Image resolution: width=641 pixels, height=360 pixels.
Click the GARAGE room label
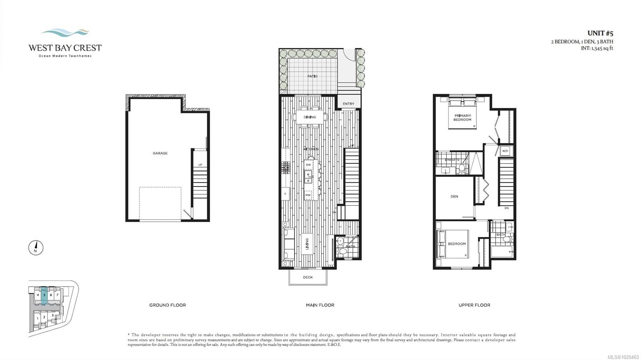(x=160, y=153)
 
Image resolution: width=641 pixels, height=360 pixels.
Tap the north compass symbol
(x=36, y=248)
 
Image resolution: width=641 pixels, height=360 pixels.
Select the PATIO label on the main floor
(x=312, y=76)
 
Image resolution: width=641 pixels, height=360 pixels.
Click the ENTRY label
(x=348, y=104)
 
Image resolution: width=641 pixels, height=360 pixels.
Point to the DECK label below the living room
(x=308, y=277)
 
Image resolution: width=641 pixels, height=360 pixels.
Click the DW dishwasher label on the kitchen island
(x=308, y=165)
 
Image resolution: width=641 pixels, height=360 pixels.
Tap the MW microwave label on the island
(x=308, y=195)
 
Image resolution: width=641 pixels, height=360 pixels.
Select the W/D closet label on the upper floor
(x=505, y=151)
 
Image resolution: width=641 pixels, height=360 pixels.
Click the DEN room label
(x=454, y=196)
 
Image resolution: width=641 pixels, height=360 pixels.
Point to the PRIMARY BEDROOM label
(x=462, y=117)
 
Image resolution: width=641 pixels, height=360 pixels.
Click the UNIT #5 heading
(x=600, y=33)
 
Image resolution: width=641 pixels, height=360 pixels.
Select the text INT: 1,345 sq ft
(x=597, y=48)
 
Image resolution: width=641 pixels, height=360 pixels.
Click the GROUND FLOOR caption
(x=167, y=305)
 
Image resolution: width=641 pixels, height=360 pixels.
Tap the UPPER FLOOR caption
(x=474, y=305)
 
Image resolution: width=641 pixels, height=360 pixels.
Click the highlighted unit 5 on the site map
(x=44, y=295)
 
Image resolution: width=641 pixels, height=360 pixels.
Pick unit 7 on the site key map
(x=57, y=295)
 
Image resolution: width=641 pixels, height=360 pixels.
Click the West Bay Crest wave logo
(x=65, y=32)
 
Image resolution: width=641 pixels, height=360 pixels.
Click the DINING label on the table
(x=310, y=117)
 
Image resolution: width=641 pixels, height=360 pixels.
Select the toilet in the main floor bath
(x=342, y=251)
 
